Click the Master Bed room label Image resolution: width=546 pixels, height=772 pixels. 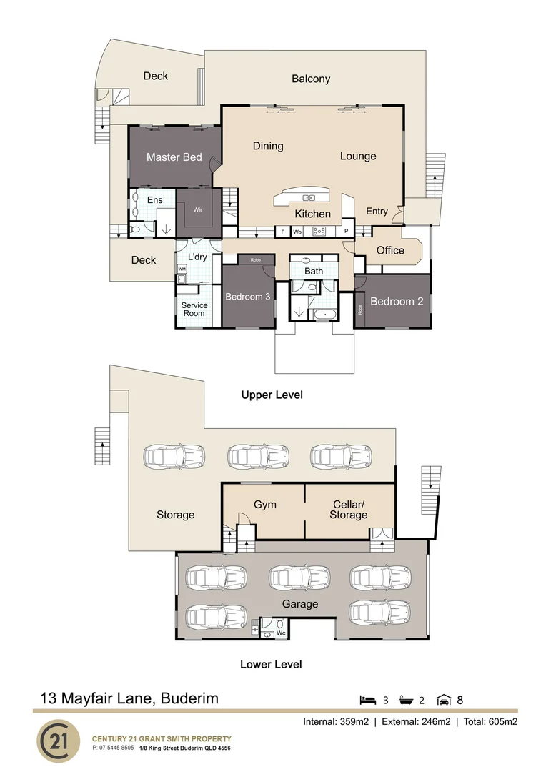pos(174,157)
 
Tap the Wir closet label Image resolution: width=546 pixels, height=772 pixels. pos(197,209)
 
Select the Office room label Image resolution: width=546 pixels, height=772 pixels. pos(390,250)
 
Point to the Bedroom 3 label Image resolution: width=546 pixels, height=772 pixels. pos(248,297)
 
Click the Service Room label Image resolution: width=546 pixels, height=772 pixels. pos(194,310)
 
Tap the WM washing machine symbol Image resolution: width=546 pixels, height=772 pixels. pos(182,269)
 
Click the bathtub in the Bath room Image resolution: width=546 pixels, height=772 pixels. pos(324,314)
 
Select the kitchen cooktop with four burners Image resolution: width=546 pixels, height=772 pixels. pos(319,231)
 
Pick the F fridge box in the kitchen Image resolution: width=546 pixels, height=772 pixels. pos(282,232)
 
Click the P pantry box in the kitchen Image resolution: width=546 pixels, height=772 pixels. pos(346,231)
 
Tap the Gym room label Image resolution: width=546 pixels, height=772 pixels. pos(265,505)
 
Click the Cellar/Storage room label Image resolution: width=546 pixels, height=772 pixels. pos(349,510)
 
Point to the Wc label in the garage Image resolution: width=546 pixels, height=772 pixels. pos(281,633)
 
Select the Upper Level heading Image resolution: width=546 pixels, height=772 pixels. pos(272,395)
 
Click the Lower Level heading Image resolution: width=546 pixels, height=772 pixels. pos(271,664)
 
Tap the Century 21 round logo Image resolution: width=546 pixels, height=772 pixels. pos(58,741)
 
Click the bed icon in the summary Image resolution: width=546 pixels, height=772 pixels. pos(368,700)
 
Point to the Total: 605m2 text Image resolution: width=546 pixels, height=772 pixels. pos(490,722)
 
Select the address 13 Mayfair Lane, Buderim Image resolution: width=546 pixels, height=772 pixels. pos(129,698)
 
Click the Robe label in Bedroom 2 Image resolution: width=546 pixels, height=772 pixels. pos(360,310)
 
